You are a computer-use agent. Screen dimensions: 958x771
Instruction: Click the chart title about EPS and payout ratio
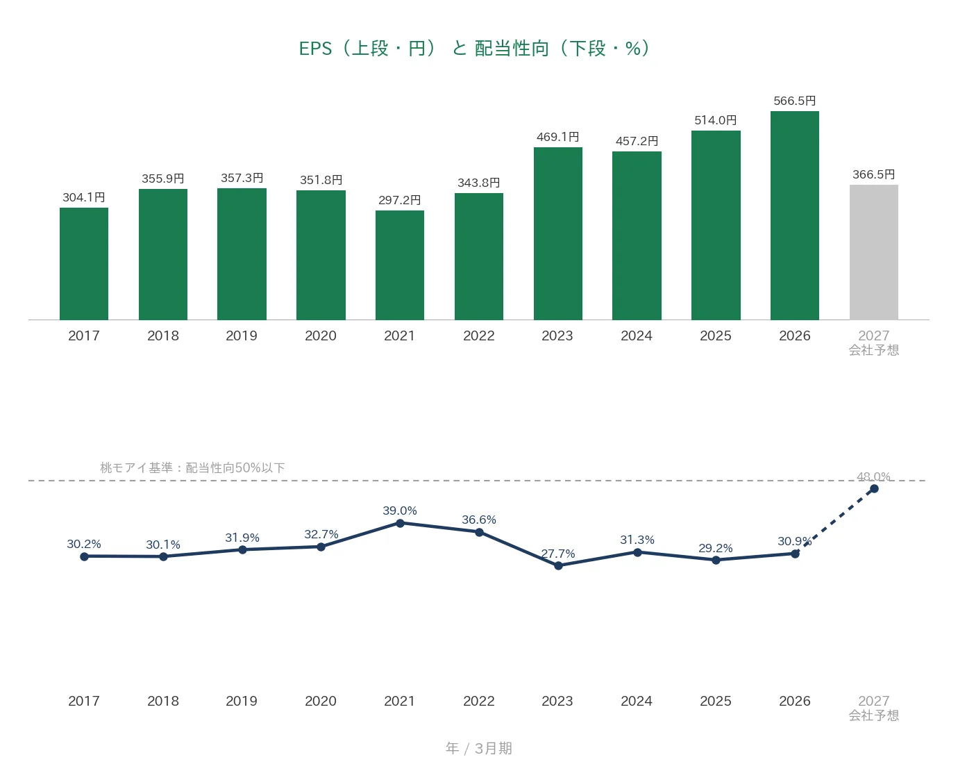(475, 49)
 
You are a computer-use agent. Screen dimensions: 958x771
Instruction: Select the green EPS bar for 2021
(399, 265)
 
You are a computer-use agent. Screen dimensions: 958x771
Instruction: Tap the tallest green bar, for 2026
(795, 215)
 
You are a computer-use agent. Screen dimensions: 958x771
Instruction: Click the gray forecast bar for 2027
(873, 252)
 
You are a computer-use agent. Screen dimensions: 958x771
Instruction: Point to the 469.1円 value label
(558, 137)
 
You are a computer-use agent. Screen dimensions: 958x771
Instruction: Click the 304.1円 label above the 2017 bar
(84, 197)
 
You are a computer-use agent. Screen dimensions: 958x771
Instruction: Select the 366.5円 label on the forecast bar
(873, 174)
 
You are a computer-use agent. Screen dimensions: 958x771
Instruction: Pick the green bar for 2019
(242, 254)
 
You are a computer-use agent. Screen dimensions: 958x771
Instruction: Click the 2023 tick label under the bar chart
(557, 336)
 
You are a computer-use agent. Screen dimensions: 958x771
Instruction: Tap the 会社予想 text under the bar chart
(873, 350)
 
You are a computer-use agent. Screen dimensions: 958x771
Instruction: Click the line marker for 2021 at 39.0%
(400, 523)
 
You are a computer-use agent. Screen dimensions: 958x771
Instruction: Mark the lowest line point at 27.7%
(558, 565)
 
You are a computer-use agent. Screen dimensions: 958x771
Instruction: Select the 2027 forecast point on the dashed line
(874, 489)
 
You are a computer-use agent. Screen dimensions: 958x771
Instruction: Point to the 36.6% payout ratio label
(478, 520)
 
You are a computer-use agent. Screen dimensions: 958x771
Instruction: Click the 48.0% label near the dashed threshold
(873, 476)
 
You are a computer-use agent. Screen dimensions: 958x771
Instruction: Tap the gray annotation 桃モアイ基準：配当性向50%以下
(192, 467)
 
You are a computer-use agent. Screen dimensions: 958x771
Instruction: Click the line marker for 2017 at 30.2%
(84, 557)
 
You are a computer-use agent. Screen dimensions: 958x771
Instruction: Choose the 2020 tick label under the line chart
(321, 701)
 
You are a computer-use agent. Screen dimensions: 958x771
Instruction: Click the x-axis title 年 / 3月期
(478, 748)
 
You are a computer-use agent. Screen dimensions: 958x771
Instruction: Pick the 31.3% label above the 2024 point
(637, 540)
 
